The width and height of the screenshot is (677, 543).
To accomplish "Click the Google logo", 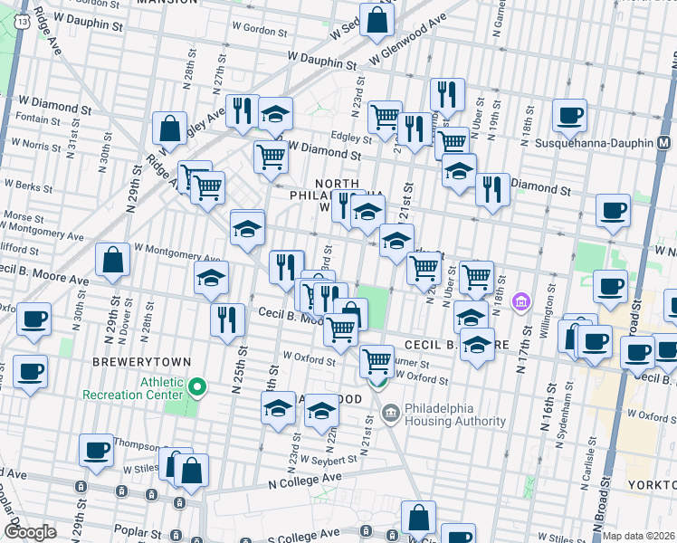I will (30, 532).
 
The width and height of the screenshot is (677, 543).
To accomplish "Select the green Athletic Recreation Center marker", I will (195, 388).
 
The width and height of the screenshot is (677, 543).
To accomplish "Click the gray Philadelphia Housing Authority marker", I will (391, 414).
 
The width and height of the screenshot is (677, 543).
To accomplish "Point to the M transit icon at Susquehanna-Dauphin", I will (664, 143).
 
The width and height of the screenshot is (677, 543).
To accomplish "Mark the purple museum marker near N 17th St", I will (520, 301).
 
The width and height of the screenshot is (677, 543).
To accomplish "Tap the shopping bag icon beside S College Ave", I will (419, 519).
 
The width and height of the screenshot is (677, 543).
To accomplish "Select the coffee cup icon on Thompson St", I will (96, 450).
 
